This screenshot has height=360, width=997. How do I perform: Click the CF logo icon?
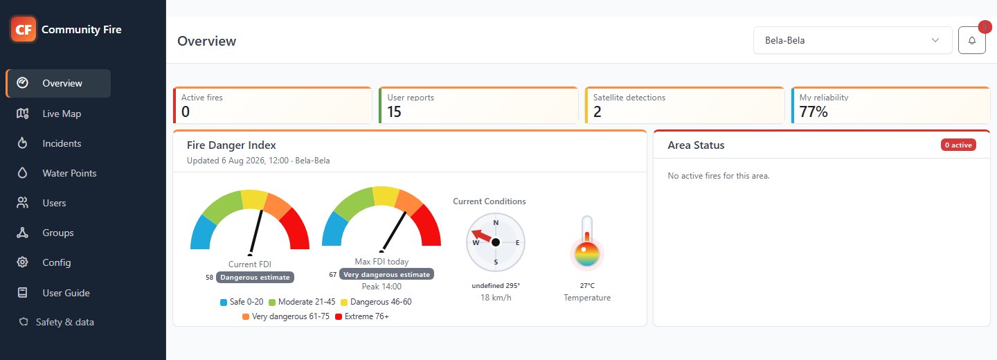pyautogui.click(x=23, y=29)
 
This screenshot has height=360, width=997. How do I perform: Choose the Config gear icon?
pyautogui.click(x=22, y=262)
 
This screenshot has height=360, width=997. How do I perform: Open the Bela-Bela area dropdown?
pyautogui.click(x=852, y=40)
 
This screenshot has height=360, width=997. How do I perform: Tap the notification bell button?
pyautogui.click(x=971, y=40)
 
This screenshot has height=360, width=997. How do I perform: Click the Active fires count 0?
pyautogui.click(x=186, y=111)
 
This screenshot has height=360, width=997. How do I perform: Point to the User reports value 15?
pyautogui.click(x=394, y=111)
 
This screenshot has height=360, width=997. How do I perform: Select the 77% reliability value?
pyautogui.click(x=814, y=111)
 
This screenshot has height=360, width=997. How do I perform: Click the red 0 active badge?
pyautogui.click(x=958, y=145)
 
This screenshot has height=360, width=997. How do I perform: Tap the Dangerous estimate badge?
pyautogui.click(x=255, y=277)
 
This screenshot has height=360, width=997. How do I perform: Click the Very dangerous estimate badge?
pyautogui.click(x=386, y=274)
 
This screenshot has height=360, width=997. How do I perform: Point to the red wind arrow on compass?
pyautogui.click(x=482, y=235)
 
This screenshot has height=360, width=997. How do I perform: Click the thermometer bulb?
pyautogui.click(x=587, y=253)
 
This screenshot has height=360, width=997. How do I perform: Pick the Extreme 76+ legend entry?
pyautogui.click(x=362, y=316)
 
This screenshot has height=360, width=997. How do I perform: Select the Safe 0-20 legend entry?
pyautogui.click(x=242, y=302)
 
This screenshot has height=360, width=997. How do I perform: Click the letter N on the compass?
pyautogui.click(x=496, y=222)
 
